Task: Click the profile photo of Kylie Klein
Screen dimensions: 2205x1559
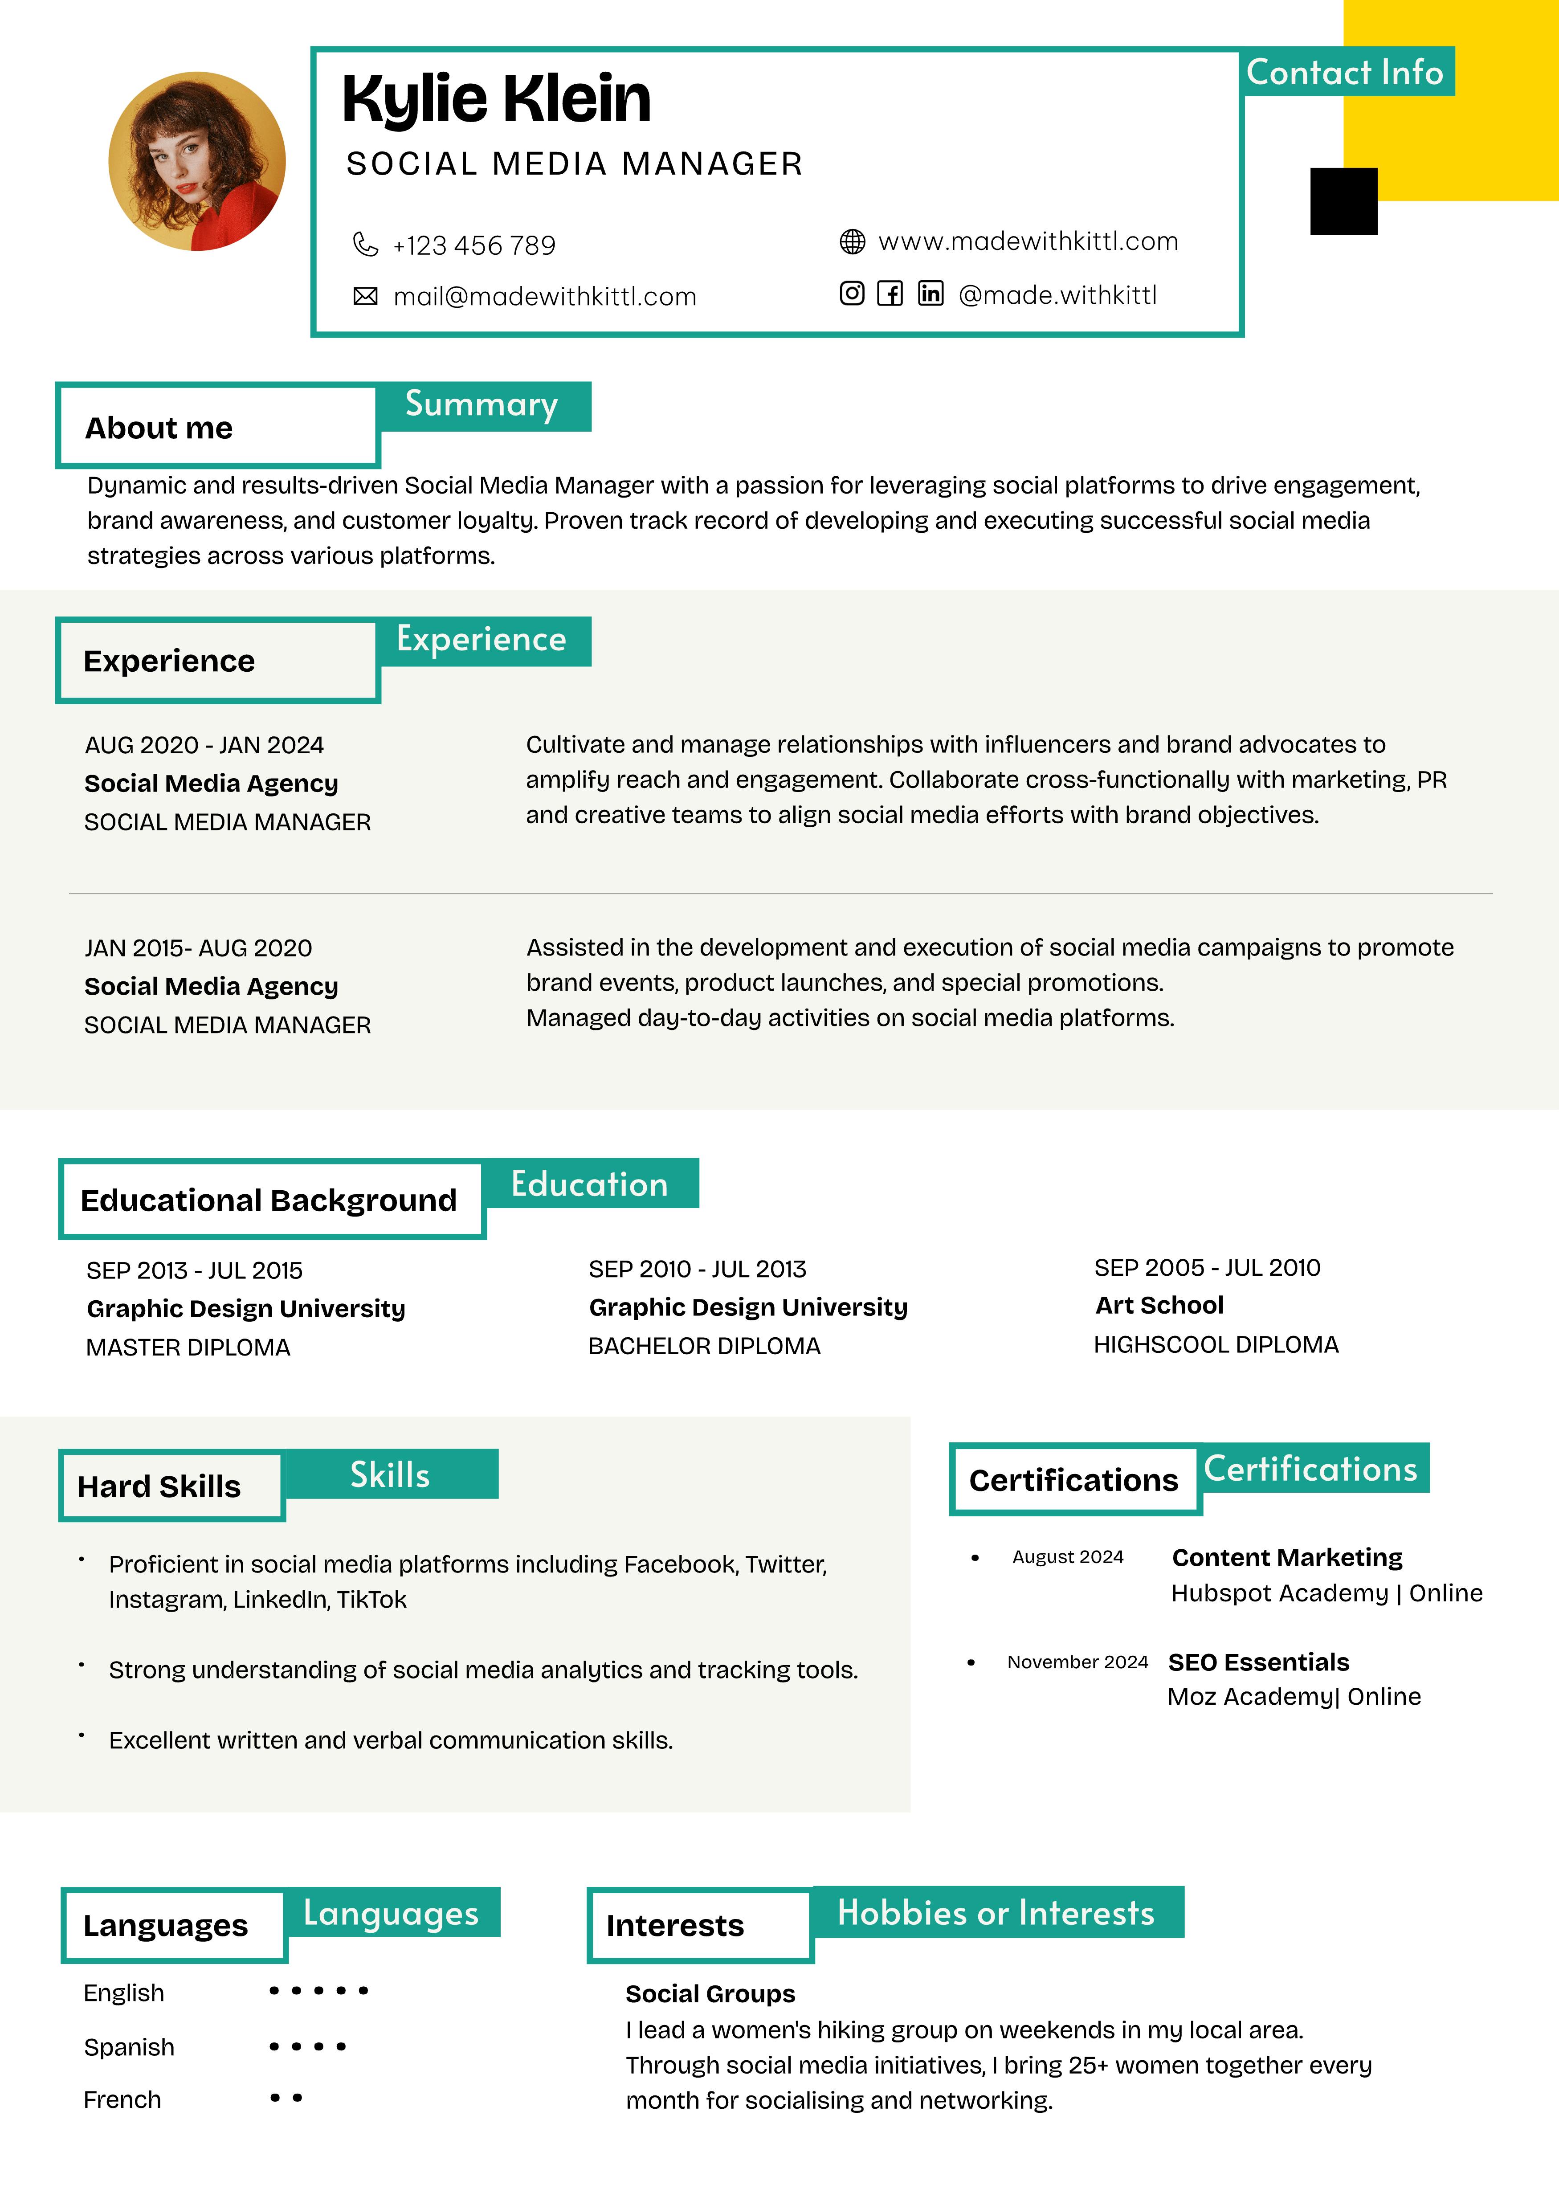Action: coord(197,161)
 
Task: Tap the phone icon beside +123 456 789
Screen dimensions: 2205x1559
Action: coord(365,245)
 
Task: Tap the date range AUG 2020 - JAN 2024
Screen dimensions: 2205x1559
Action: coord(204,745)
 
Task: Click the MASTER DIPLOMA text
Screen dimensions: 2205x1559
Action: coord(188,1347)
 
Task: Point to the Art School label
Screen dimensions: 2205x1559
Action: coord(1159,1305)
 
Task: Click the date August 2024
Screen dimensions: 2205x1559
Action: coord(1067,1557)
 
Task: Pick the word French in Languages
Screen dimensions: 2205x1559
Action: coord(122,2099)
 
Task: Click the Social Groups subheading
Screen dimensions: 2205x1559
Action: coord(710,1994)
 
